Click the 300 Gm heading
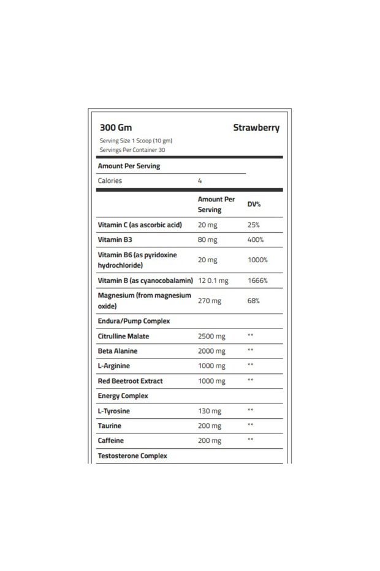coord(115,128)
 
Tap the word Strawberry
coord(256,128)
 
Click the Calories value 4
coord(200,181)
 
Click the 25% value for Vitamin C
coord(253,225)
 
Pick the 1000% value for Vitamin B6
coord(257,260)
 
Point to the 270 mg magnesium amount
coord(210,301)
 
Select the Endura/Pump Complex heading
coord(134,320)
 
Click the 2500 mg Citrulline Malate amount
coord(211,336)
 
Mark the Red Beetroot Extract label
coord(130,381)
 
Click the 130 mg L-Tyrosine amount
coord(209,411)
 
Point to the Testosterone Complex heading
coord(132,456)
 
